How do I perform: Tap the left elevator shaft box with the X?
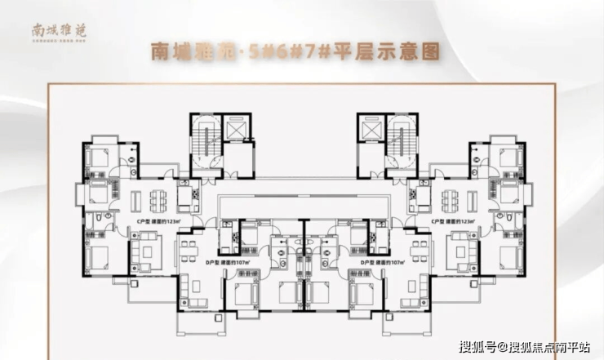click(x=238, y=130)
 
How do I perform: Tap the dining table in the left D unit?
click(x=189, y=247)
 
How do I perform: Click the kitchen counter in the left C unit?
click(x=188, y=196)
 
